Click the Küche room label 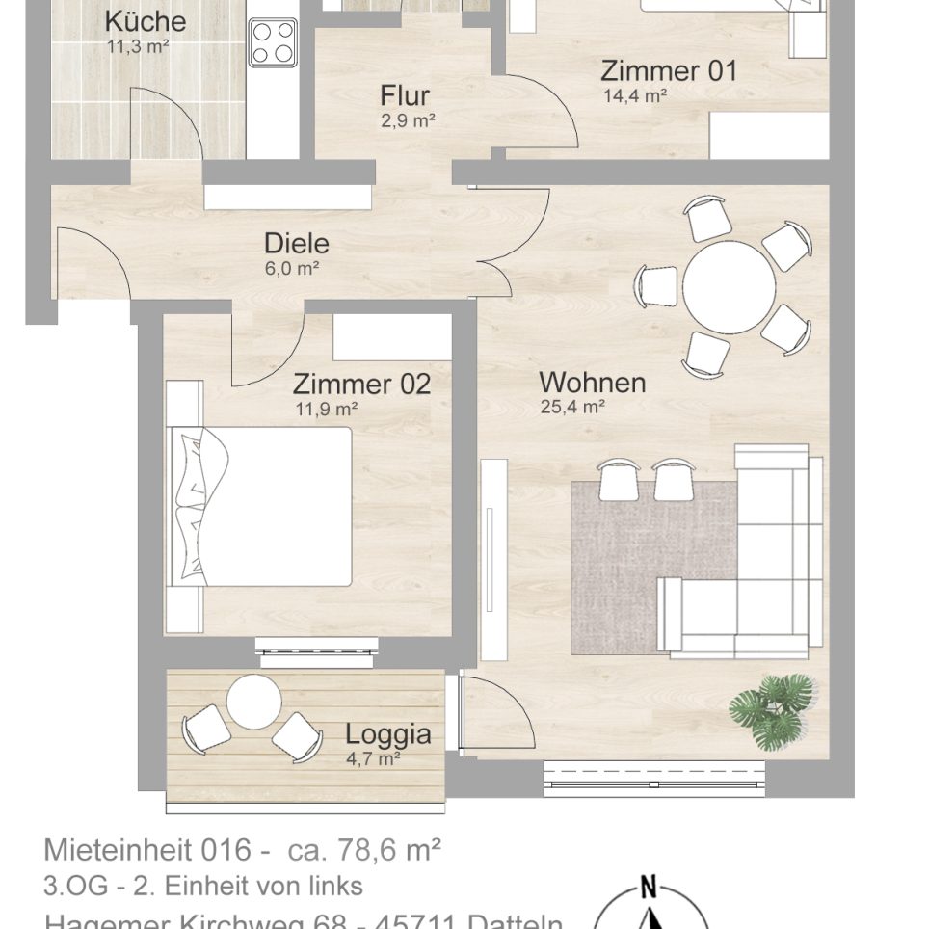(x=145, y=21)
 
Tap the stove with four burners (x=273, y=42)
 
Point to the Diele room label (x=297, y=244)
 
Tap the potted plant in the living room (x=773, y=711)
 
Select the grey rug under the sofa (x=617, y=569)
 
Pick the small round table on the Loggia (x=254, y=701)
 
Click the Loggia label (x=387, y=735)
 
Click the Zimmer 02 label (x=361, y=385)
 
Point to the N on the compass (x=649, y=888)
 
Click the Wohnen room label (x=592, y=383)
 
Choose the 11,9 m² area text (x=327, y=409)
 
